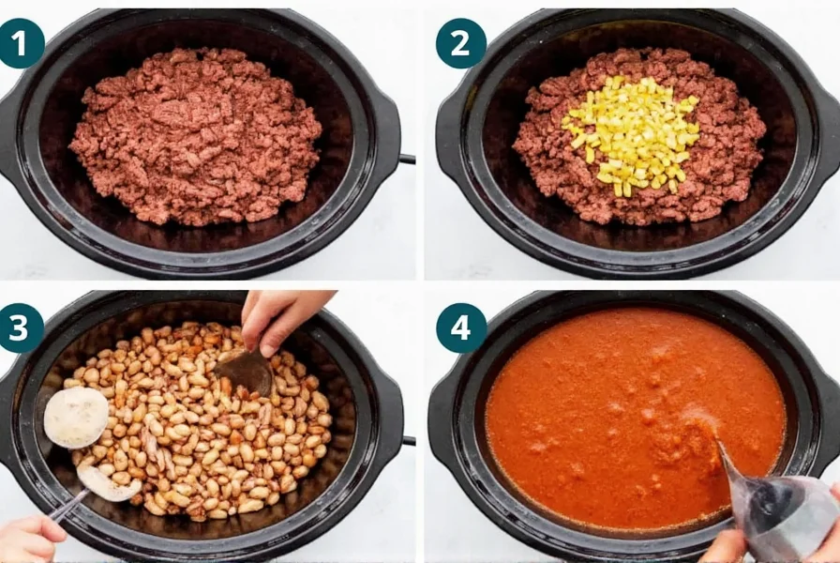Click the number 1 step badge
(x=21, y=41)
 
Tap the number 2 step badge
(x=459, y=42)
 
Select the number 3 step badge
(x=21, y=327)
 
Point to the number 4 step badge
(x=460, y=327)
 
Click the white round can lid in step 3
(x=75, y=417)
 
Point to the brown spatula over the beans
(x=246, y=372)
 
